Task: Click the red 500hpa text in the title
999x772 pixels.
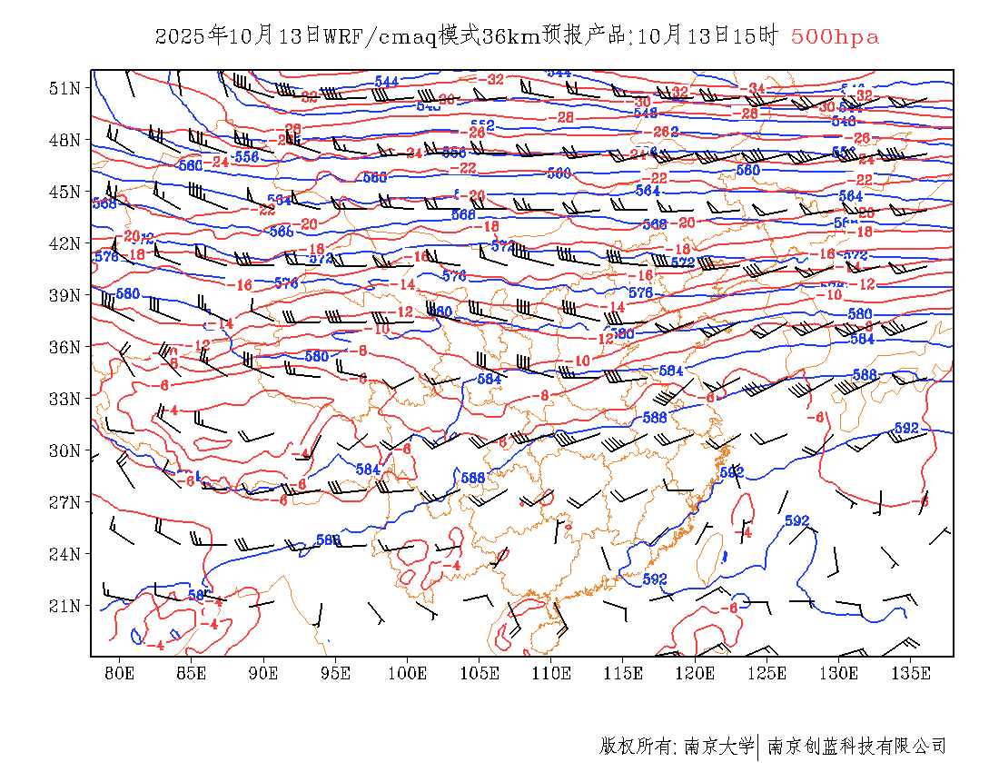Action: click(835, 36)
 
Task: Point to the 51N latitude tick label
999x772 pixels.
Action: click(65, 88)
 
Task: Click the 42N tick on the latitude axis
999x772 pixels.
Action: click(65, 243)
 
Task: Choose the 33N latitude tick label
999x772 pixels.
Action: click(65, 399)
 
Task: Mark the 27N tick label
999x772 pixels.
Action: click(65, 502)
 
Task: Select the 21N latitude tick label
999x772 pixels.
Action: click(65, 606)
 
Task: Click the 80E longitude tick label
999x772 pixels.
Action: click(120, 673)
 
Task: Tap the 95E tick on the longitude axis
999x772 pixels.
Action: click(336, 673)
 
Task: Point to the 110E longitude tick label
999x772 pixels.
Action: click(551, 673)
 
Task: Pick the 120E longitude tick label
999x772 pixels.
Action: click(696, 673)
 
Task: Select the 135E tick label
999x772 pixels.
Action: click(911, 673)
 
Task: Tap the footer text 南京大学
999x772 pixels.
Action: click(717, 747)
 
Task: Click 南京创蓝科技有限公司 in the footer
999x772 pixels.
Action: click(857, 747)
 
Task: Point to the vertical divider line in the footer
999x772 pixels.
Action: click(758, 747)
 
